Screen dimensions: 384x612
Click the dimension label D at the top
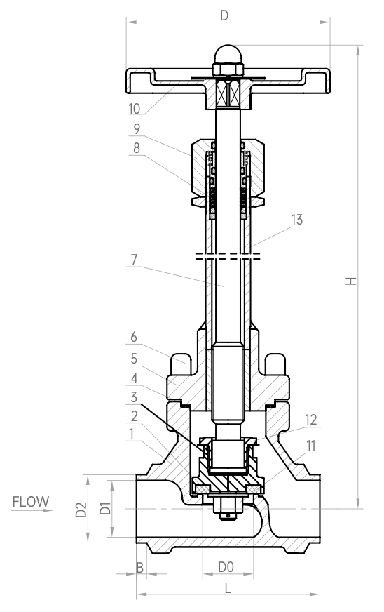224,15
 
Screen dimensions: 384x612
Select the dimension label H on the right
351,281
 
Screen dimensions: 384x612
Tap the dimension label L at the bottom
228,588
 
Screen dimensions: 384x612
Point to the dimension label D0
226,566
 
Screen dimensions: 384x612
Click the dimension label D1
105,509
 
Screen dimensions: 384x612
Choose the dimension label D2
81,510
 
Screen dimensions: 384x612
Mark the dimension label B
139,568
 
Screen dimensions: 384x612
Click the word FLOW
31,502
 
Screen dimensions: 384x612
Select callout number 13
296,220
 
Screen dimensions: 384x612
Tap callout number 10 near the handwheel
134,109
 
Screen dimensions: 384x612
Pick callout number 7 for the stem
134,260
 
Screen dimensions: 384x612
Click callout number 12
310,420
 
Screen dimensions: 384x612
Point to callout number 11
310,446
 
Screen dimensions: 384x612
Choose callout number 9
137,129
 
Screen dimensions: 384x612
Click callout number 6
134,337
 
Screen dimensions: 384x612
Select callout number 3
134,397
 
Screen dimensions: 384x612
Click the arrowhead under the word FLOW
48,510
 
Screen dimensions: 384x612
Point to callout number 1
131,434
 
